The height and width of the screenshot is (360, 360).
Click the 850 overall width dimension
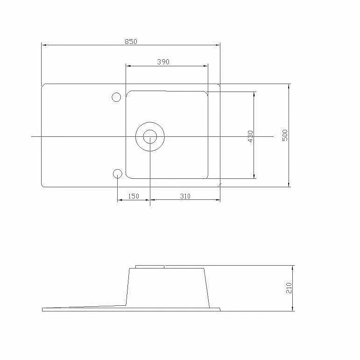click(131, 42)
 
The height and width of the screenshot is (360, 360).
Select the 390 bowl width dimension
click(163, 62)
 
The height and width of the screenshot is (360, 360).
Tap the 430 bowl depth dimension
click(250, 136)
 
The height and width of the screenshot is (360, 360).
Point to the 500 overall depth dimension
click(285, 135)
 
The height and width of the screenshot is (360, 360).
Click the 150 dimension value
click(134, 196)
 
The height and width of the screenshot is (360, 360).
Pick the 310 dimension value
click(185, 196)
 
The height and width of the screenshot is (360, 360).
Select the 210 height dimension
click(289, 288)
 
